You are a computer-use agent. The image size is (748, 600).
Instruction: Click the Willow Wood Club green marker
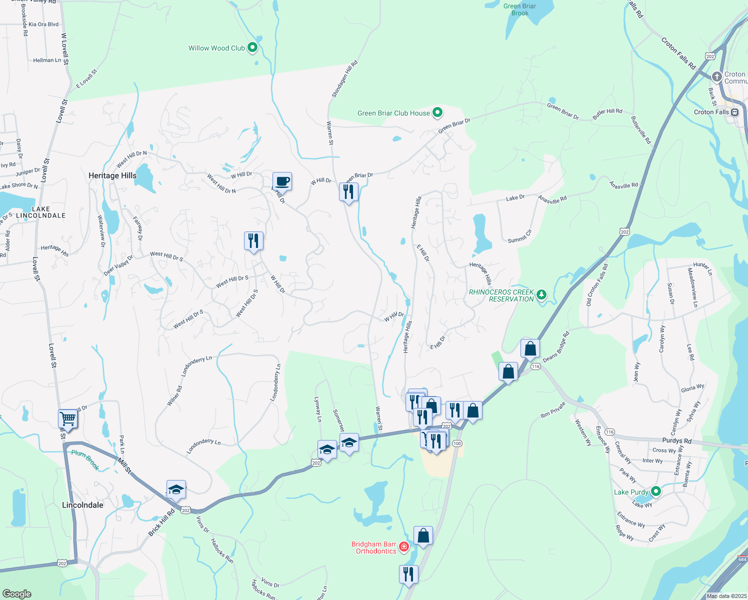coord(252,47)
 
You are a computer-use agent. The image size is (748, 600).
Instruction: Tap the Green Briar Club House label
coord(393,113)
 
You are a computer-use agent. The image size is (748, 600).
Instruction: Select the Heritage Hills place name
coord(112,175)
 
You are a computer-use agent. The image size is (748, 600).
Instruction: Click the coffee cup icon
coord(282,181)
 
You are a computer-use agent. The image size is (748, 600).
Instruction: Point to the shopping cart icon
coord(67,418)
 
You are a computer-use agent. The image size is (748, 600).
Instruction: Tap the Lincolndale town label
coord(82,505)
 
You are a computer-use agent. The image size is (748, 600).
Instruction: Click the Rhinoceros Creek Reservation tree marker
coord(541,295)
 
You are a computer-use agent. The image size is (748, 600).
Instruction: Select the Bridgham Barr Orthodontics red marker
coord(404,547)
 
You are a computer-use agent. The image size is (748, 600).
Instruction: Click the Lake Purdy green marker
coord(655,491)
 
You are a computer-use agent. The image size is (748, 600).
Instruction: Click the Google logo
coord(16,593)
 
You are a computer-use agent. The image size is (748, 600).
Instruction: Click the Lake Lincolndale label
coord(41,212)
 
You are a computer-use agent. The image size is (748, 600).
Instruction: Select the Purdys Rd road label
coord(676,440)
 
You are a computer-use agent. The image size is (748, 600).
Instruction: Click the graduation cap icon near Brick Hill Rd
coord(176,489)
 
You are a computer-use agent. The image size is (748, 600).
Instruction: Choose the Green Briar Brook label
coord(519,9)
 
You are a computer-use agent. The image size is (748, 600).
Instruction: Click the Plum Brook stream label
coord(85,459)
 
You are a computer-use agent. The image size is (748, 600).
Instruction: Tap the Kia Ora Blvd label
coord(43,24)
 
